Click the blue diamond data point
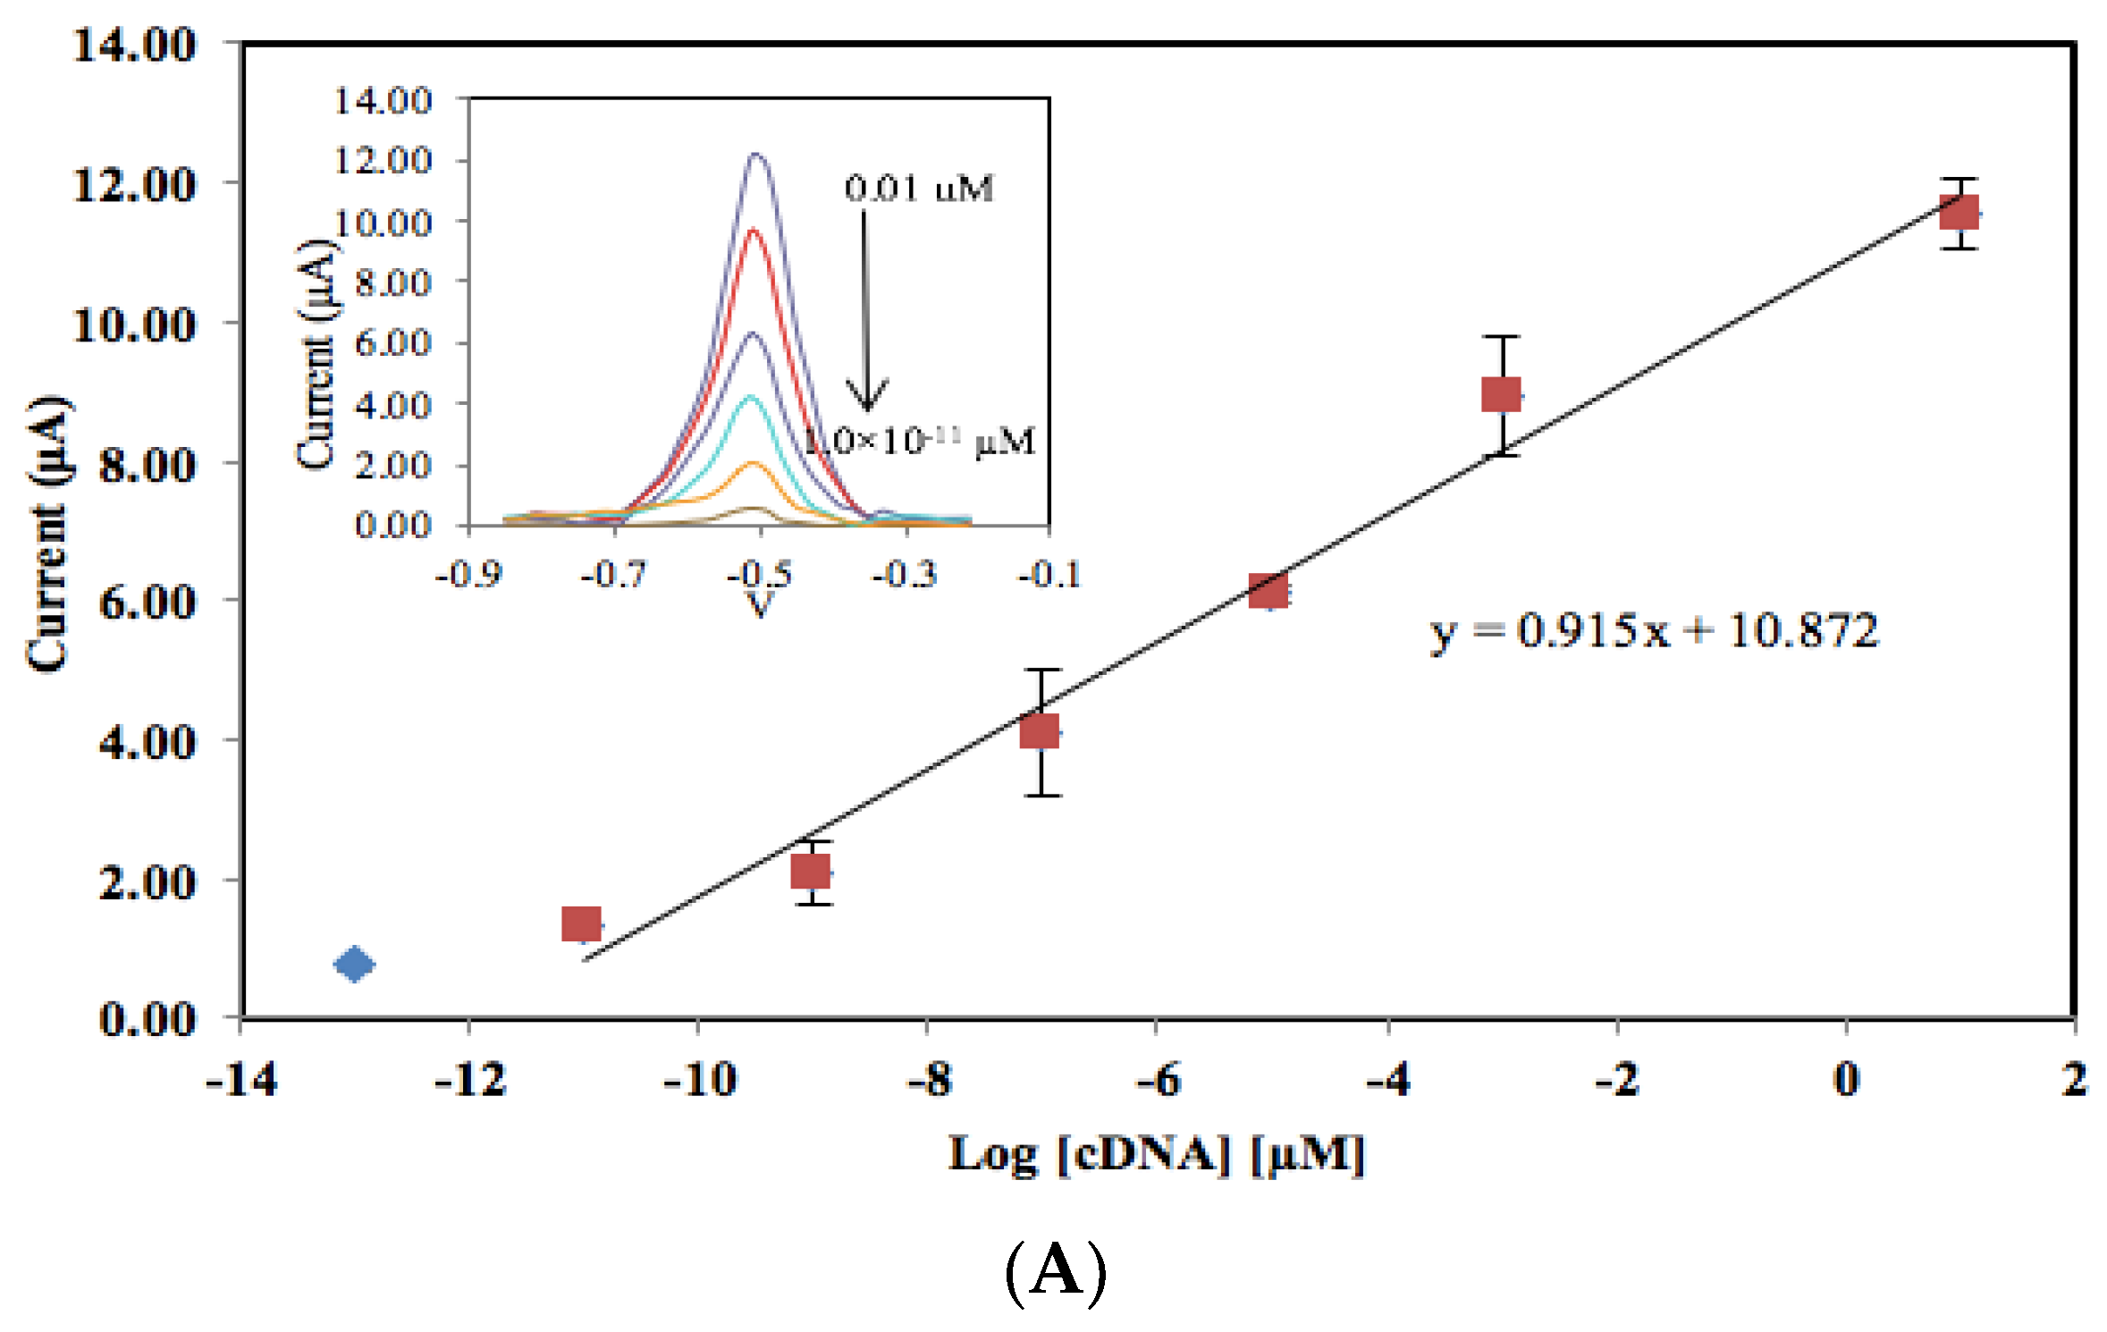[354, 964]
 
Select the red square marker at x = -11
[581, 923]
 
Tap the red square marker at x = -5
[1268, 591]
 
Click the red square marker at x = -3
[1501, 393]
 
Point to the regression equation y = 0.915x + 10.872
[1654, 631]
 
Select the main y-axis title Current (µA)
[46, 534]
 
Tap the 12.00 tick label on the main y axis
[134, 185]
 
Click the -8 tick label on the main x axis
[930, 1080]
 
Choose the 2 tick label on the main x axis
[2074, 1079]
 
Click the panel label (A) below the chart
[1055, 1271]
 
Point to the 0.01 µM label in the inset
[919, 189]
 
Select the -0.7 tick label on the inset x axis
[613, 574]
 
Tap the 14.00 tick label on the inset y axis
[383, 100]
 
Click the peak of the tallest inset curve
[757, 155]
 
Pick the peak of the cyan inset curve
[750, 396]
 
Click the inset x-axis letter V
[758, 606]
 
